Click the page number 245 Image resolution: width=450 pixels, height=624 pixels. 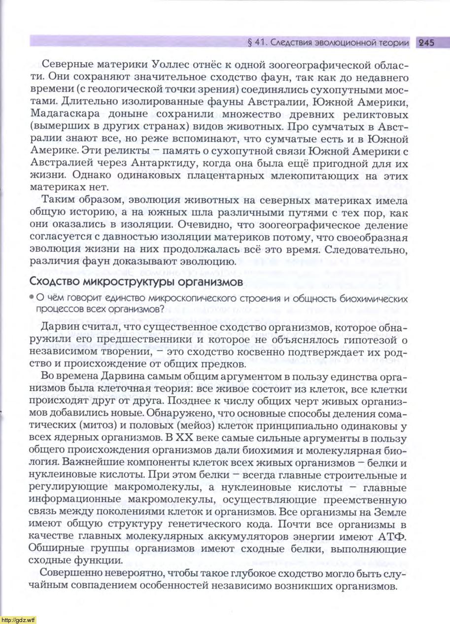(x=426, y=43)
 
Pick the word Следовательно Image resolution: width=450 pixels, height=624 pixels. (x=370, y=250)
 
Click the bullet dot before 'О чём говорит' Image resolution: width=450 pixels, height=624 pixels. (x=32, y=298)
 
